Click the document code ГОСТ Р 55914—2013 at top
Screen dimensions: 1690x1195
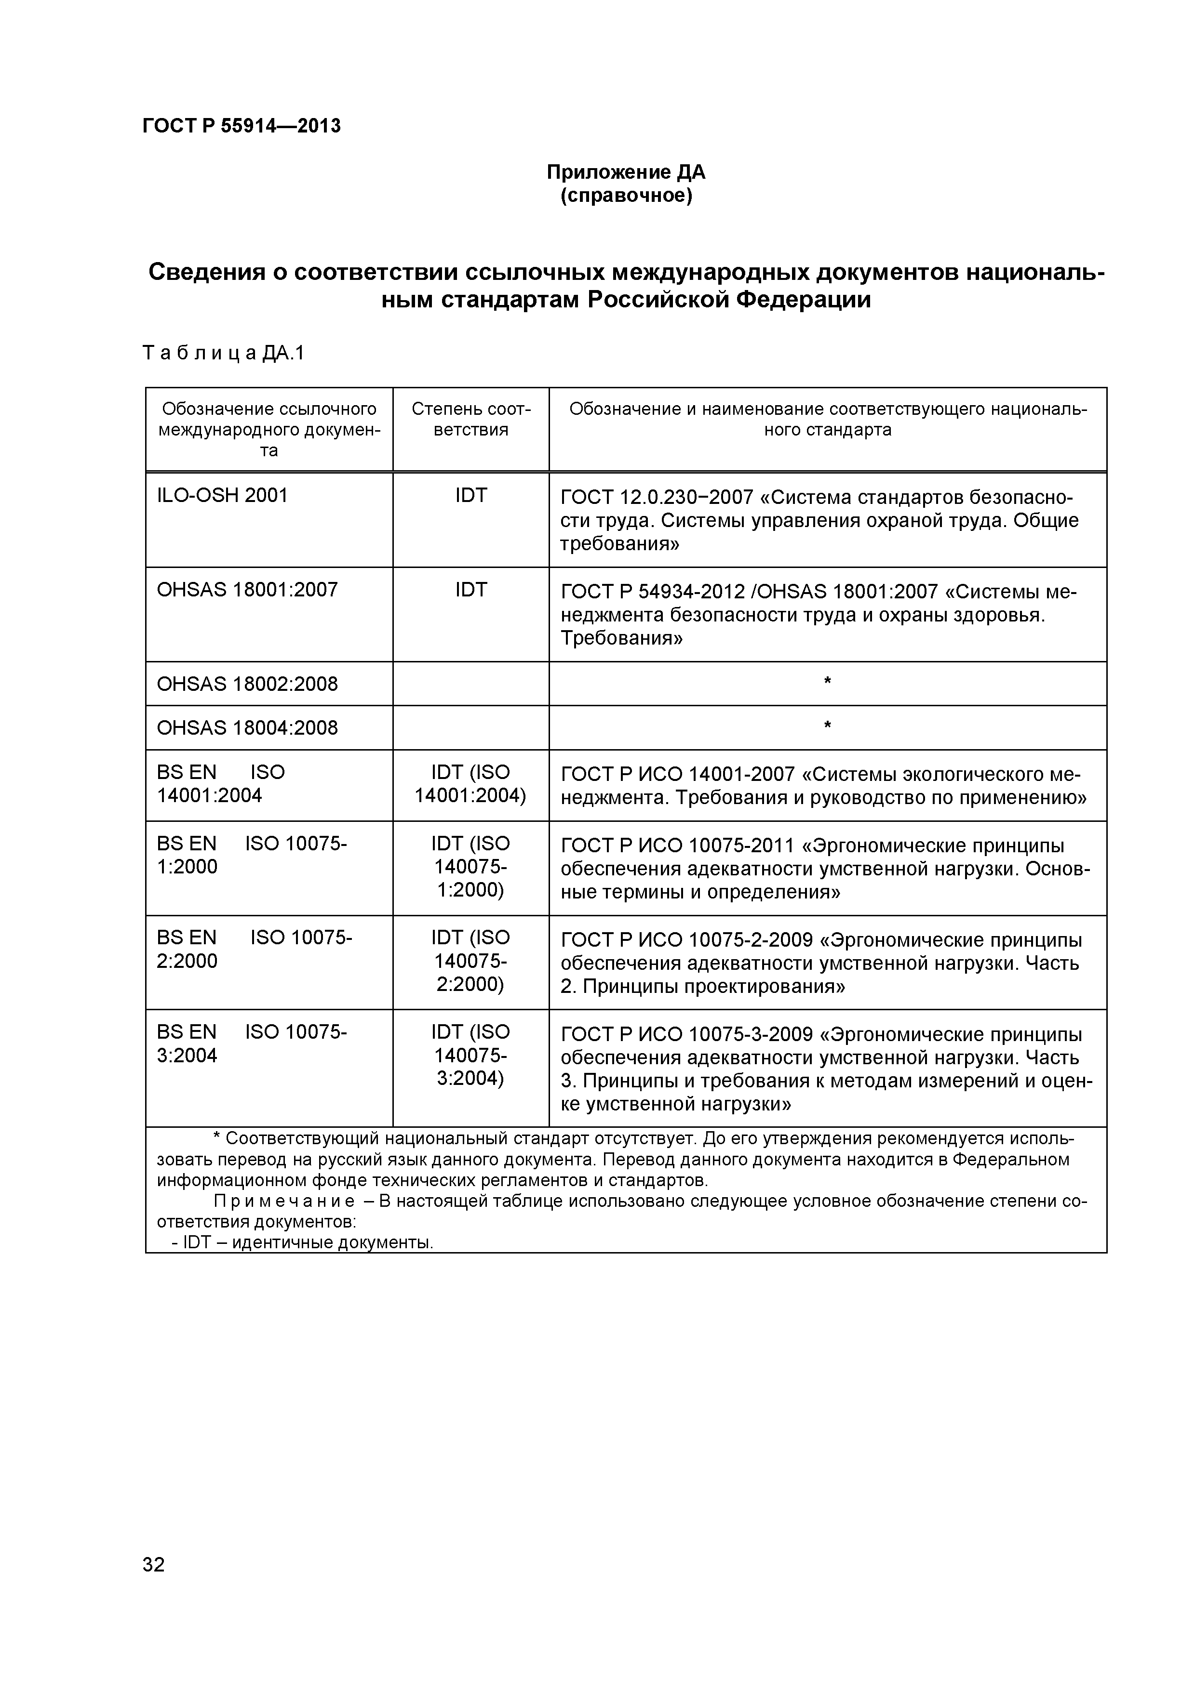click(x=242, y=126)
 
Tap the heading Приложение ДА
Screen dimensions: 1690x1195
click(x=626, y=172)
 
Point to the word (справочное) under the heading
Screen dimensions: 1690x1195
click(x=626, y=197)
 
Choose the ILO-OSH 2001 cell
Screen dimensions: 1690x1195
click(x=222, y=495)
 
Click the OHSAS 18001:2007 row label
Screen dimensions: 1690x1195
click(x=247, y=590)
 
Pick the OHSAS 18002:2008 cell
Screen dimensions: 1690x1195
click(x=247, y=684)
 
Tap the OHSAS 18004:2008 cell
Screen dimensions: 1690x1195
click(x=247, y=728)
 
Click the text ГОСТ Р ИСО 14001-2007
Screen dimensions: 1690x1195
click(x=677, y=774)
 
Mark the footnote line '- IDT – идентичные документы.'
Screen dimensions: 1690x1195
click(x=302, y=1242)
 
